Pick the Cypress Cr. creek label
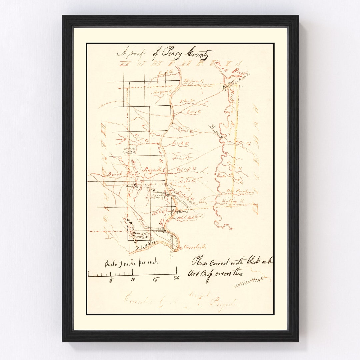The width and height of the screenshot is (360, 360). pyautogui.click(x=187, y=169)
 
